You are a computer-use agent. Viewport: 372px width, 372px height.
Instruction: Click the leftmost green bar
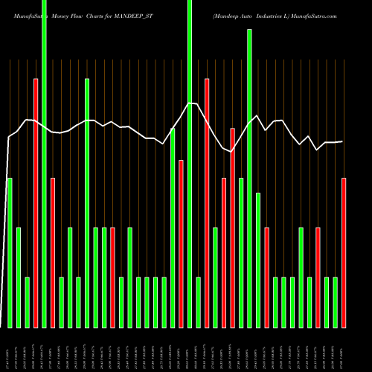[x=10, y=253]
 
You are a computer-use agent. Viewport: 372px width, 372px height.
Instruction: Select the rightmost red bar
[x=344, y=253]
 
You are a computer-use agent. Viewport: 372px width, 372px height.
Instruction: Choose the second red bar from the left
[x=53, y=253]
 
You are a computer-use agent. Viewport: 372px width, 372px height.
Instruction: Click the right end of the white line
[x=342, y=141]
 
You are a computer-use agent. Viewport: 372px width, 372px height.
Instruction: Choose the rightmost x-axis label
[x=343, y=350]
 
